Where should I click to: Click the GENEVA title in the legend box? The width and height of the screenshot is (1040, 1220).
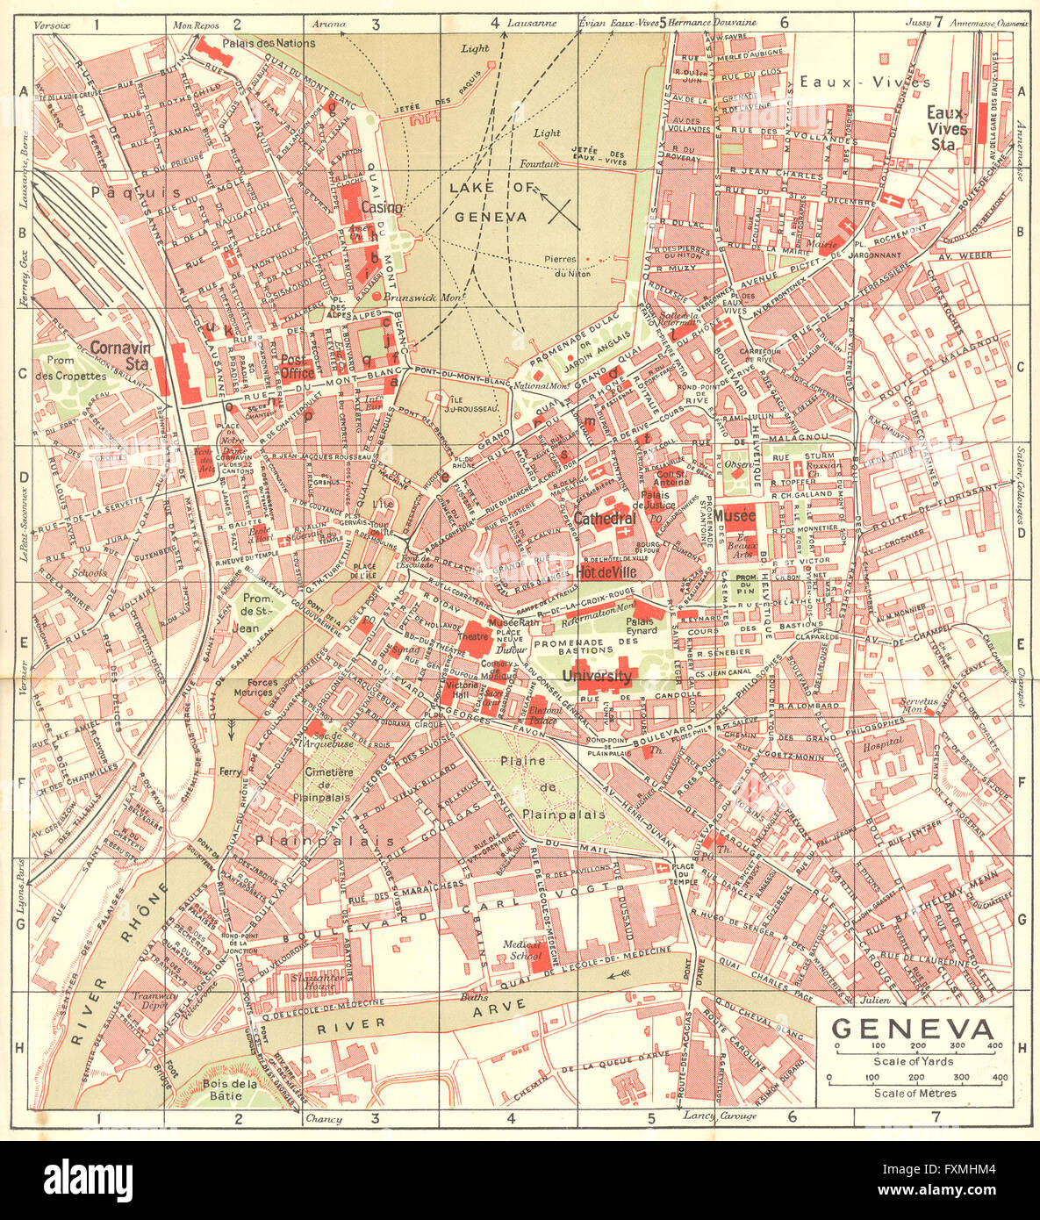[913, 1028]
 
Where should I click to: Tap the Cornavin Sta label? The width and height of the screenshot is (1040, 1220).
[120, 355]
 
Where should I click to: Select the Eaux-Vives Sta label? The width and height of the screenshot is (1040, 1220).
[947, 121]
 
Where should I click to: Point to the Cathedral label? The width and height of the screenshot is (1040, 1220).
[605, 519]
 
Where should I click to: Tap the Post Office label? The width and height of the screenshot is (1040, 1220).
[297, 366]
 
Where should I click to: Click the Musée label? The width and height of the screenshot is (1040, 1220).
[735, 515]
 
